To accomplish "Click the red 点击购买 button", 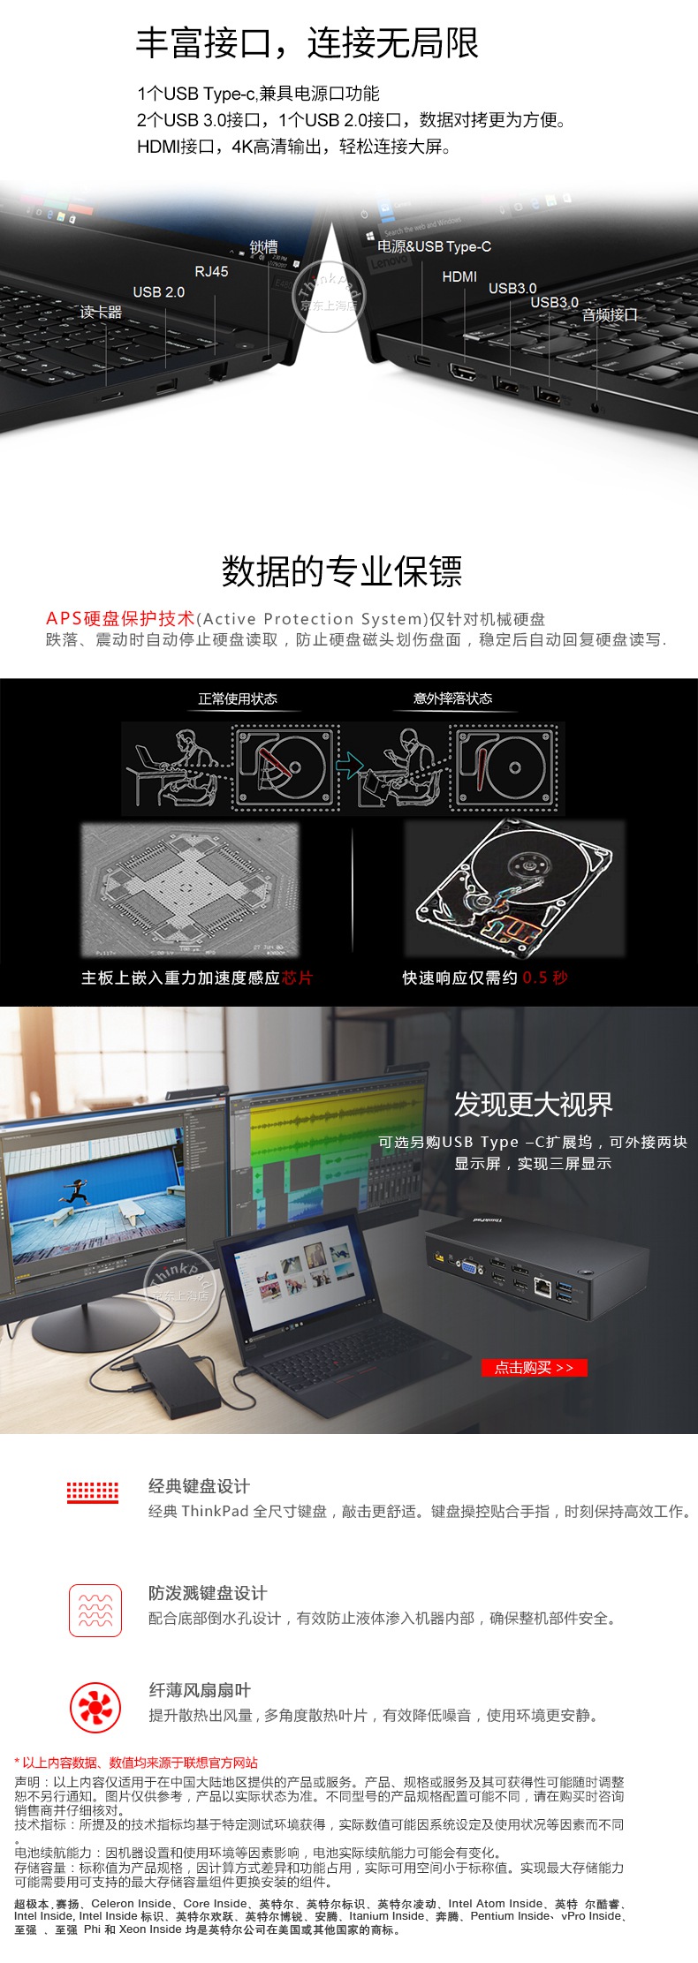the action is (x=534, y=1368).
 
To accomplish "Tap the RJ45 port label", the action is (x=211, y=272).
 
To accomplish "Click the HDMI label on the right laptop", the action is (x=459, y=277).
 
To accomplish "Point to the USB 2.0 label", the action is (x=159, y=292).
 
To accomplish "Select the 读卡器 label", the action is (x=101, y=313).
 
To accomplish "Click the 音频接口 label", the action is (x=610, y=315).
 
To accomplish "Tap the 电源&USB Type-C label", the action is (x=435, y=246).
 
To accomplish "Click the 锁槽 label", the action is (x=263, y=247).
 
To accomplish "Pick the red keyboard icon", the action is (x=93, y=1491).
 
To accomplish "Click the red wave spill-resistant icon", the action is (x=95, y=1610).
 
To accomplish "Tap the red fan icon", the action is (x=95, y=1707).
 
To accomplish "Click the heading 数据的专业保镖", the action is (x=342, y=571).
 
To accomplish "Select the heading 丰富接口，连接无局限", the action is (x=307, y=43).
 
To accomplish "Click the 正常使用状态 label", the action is (x=238, y=698).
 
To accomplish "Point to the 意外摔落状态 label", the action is (x=453, y=698).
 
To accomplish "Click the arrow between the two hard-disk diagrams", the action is (x=351, y=765).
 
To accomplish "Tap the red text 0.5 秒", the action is (x=545, y=978).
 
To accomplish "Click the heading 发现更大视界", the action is (x=534, y=1104).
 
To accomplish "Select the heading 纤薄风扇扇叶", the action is (x=200, y=1689).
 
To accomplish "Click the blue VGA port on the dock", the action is (x=471, y=1269).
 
